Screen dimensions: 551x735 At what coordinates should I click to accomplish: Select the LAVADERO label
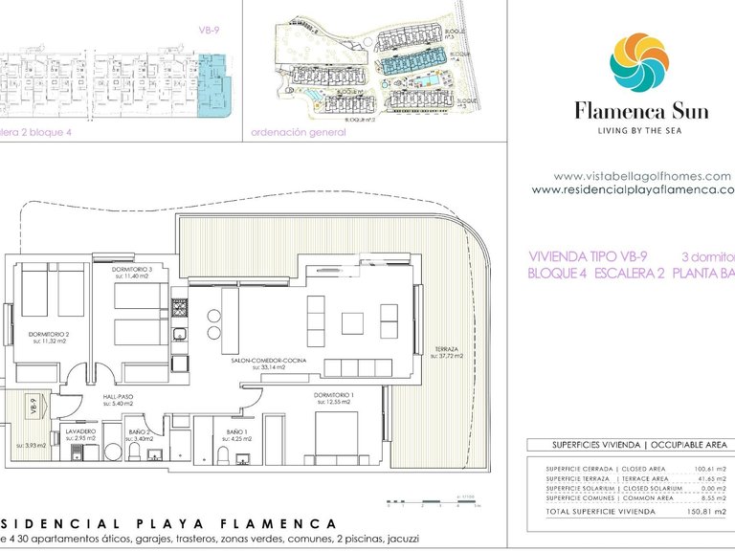point(80,432)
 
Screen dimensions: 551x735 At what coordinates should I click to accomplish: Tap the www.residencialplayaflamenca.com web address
point(633,189)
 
